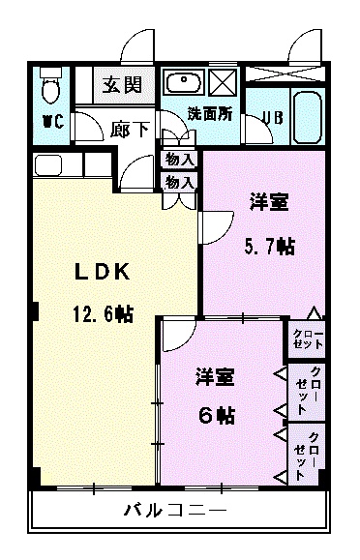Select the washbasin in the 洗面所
tap(181, 81)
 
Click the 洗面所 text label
tap(209, 112)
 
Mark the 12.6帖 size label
tap(101, 314)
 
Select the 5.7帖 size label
tap(267, 246)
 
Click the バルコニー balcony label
tap(174, 511)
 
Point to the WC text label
tap(52, 123)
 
